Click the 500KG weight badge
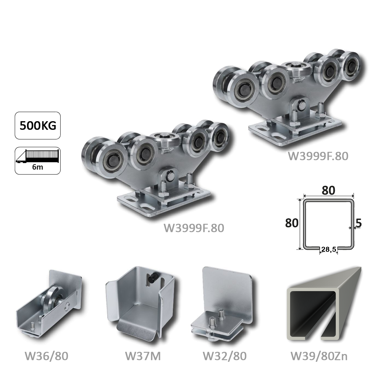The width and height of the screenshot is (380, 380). pyautogui.click(x=38, y=126)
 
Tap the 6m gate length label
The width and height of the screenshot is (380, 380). pyautogui.click(x=37, y=167)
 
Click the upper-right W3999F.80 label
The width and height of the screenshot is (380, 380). pyautogui.click(x=318, y=156)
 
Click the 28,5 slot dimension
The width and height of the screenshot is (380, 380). pyautogui.click(x=329, y=249)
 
